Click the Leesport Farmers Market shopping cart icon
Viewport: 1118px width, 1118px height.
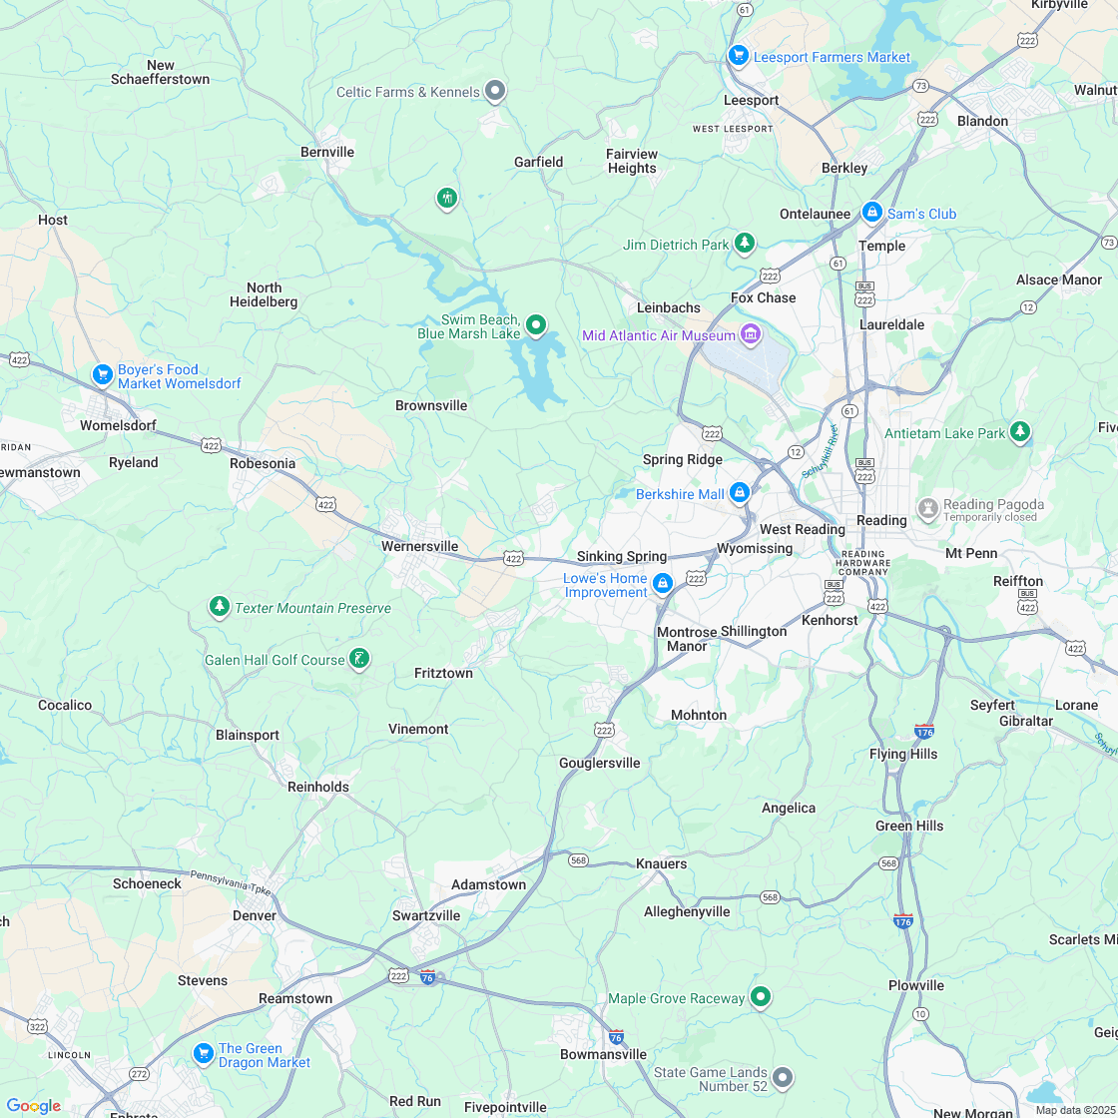(x=738, y=55)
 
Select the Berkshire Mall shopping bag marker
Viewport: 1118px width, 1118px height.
(x=739, y=492)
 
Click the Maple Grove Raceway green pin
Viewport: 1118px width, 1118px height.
(x=761, y=996)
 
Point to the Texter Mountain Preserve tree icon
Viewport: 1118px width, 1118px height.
(x=219, y=606)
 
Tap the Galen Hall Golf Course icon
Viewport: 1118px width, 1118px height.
(x=359, y=658)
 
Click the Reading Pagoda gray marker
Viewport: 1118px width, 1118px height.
(x=928, y=508)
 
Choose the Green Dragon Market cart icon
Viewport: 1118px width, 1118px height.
(x=203, y=1053)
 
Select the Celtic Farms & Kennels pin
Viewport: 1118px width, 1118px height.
(x=494, y=91)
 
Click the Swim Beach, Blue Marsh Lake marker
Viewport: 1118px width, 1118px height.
(x=536, y=324)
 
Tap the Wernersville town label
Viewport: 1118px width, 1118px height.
(x=419, y=546)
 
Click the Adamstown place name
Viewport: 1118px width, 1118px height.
(x=488, y=884)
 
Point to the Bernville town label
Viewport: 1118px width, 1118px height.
(x=327, y=152)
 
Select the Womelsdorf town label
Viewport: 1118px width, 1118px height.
(x=118, y=425)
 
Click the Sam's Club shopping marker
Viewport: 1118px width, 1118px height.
(x=872, y=212)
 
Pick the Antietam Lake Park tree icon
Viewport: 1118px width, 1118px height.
(x=1019, y=431)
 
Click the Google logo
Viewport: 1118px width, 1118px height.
(x=33, y=1105)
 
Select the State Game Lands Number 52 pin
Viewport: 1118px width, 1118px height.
(x=783, y=1076)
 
